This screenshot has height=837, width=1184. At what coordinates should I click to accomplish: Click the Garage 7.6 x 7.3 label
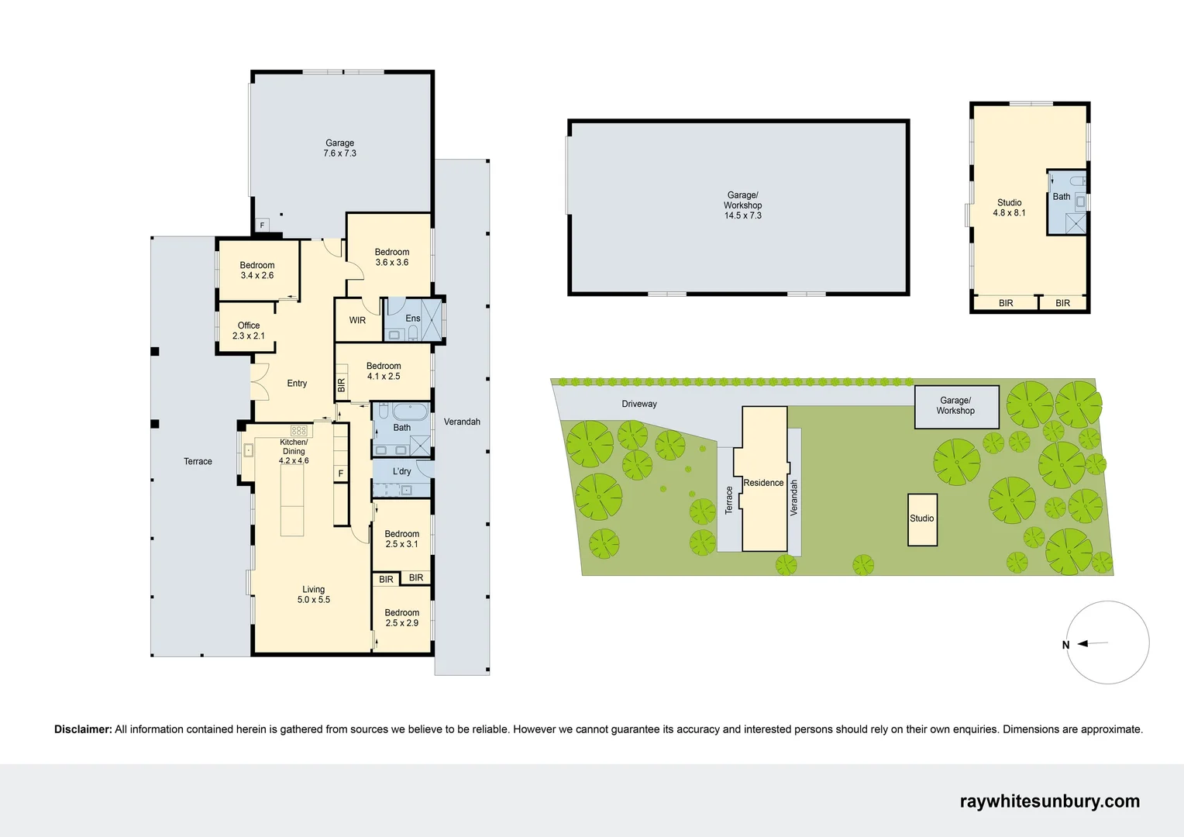339,148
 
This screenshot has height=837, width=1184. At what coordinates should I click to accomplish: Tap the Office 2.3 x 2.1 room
248,331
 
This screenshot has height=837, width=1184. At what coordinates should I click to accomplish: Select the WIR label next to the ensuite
357,320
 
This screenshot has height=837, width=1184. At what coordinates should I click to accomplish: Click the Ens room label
413,319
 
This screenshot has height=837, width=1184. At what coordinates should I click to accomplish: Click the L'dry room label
401,471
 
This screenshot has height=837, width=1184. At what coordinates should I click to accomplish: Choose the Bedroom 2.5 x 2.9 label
401,618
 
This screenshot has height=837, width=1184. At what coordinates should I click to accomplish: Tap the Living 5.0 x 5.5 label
313,594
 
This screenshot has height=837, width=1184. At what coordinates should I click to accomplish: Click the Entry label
297,384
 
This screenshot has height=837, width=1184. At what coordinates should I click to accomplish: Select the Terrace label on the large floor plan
198,462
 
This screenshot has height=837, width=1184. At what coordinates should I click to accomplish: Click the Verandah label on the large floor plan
462,422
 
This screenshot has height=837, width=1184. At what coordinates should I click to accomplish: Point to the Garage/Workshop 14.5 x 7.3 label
742,205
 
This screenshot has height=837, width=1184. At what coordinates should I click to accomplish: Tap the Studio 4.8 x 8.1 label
1009,208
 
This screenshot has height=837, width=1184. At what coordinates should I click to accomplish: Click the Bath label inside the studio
1061,197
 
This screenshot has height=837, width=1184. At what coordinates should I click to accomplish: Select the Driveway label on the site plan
638,404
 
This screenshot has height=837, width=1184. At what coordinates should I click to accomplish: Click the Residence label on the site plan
763,483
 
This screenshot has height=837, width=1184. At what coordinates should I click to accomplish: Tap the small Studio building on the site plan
922,519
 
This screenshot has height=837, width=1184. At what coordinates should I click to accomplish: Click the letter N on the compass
1065,645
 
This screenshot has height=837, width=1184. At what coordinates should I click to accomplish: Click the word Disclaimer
83,729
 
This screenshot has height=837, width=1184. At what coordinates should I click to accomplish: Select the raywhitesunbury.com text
1049,801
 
